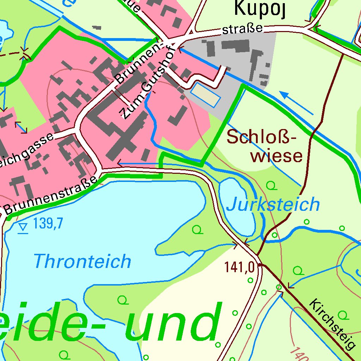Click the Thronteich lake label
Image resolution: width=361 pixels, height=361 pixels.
click(82, 262)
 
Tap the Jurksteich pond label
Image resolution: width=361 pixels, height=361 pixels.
click(273, 204)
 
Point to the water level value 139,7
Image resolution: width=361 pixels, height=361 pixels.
click(48, 224)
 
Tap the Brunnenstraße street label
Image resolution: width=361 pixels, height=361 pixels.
click(51, 196)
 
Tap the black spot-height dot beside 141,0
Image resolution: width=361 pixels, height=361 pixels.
click(259, 264)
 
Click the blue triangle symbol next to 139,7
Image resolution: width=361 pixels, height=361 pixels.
click(23, 228)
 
